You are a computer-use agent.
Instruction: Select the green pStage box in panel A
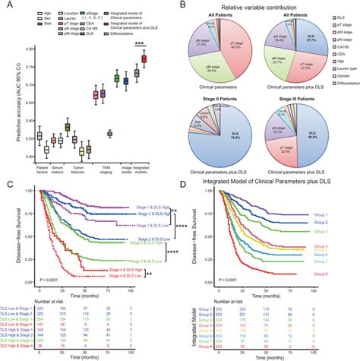pyautogui.click(x=116, y=78)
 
